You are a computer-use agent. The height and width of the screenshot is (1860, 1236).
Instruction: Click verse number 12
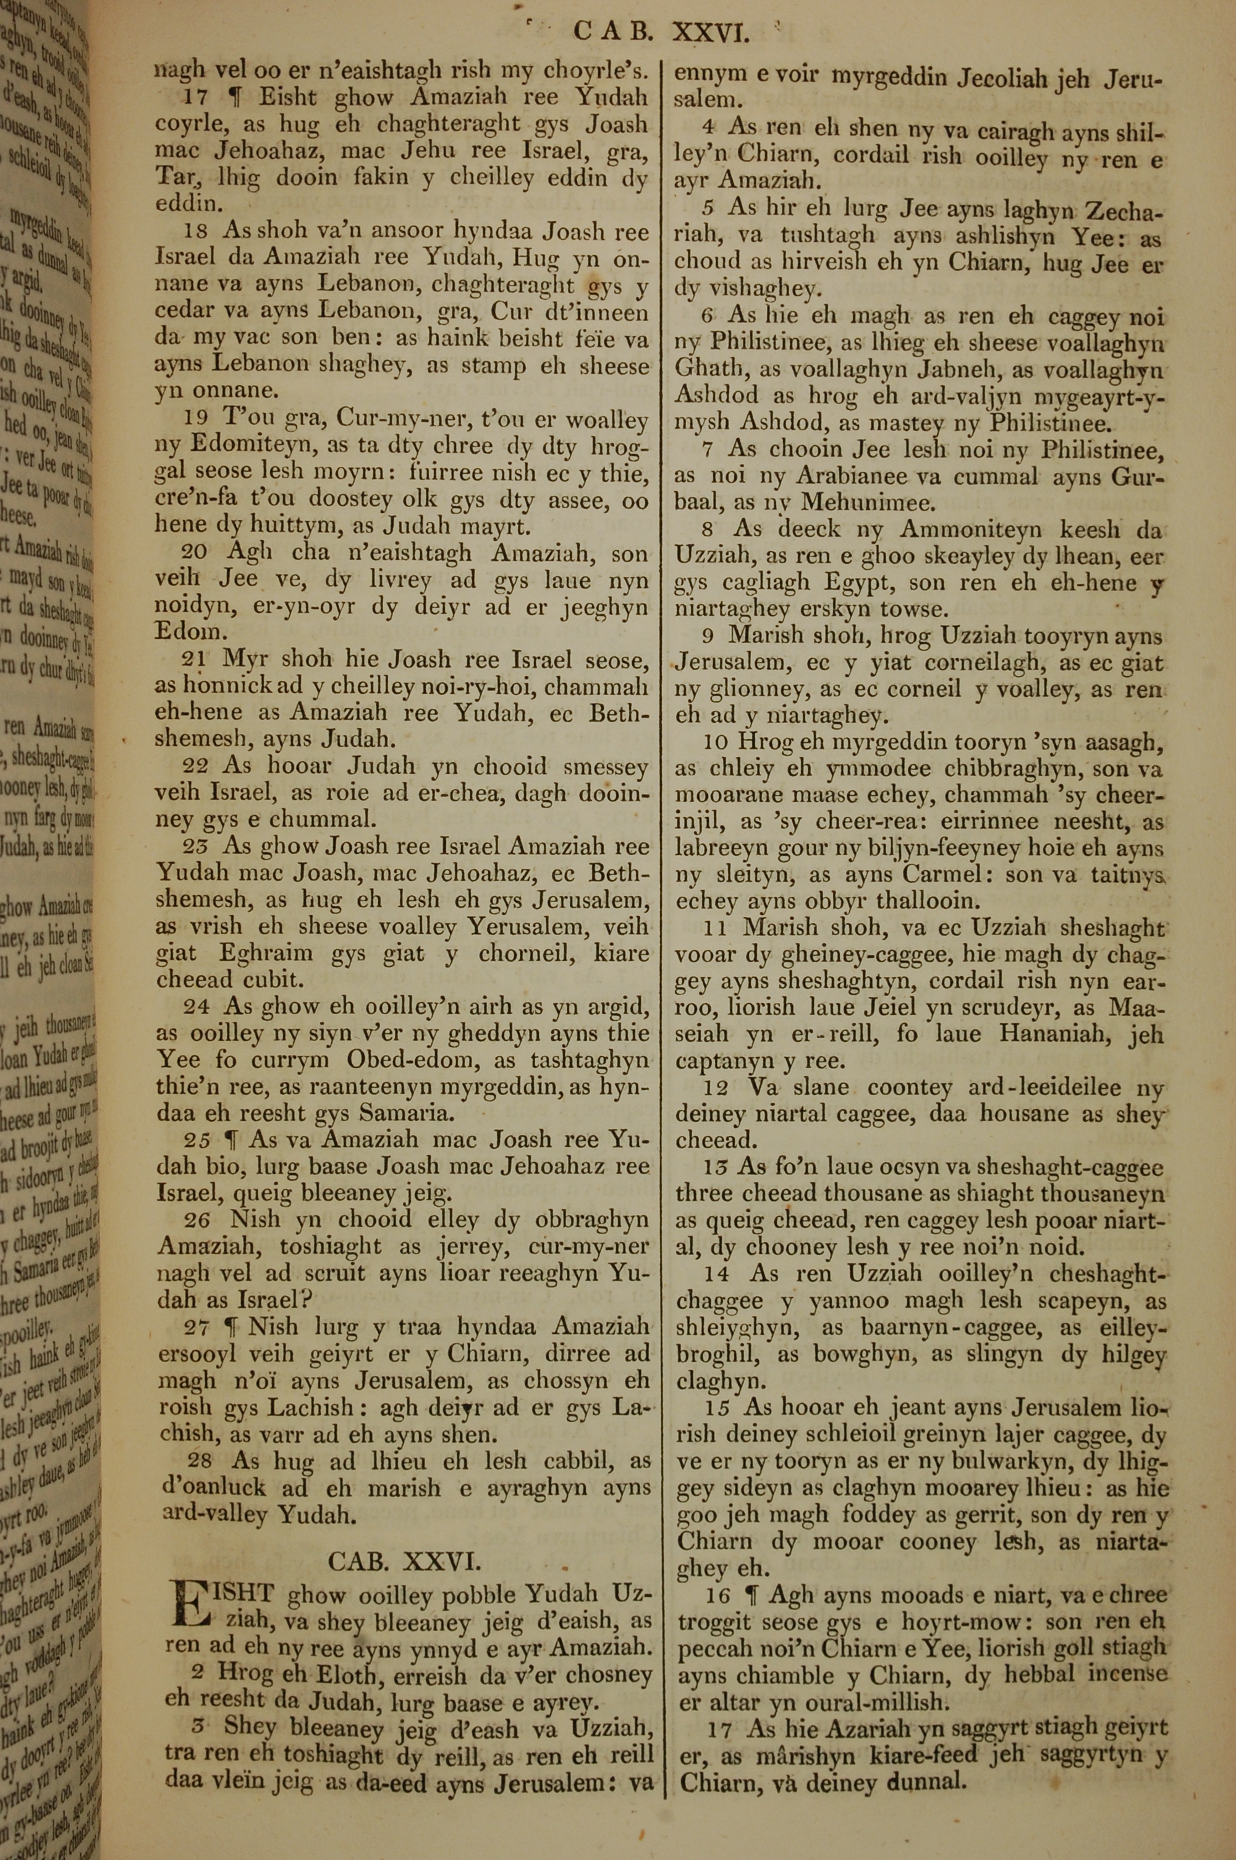pos(715,1087)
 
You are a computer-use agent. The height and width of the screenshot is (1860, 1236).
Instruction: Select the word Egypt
pos(864,584)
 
